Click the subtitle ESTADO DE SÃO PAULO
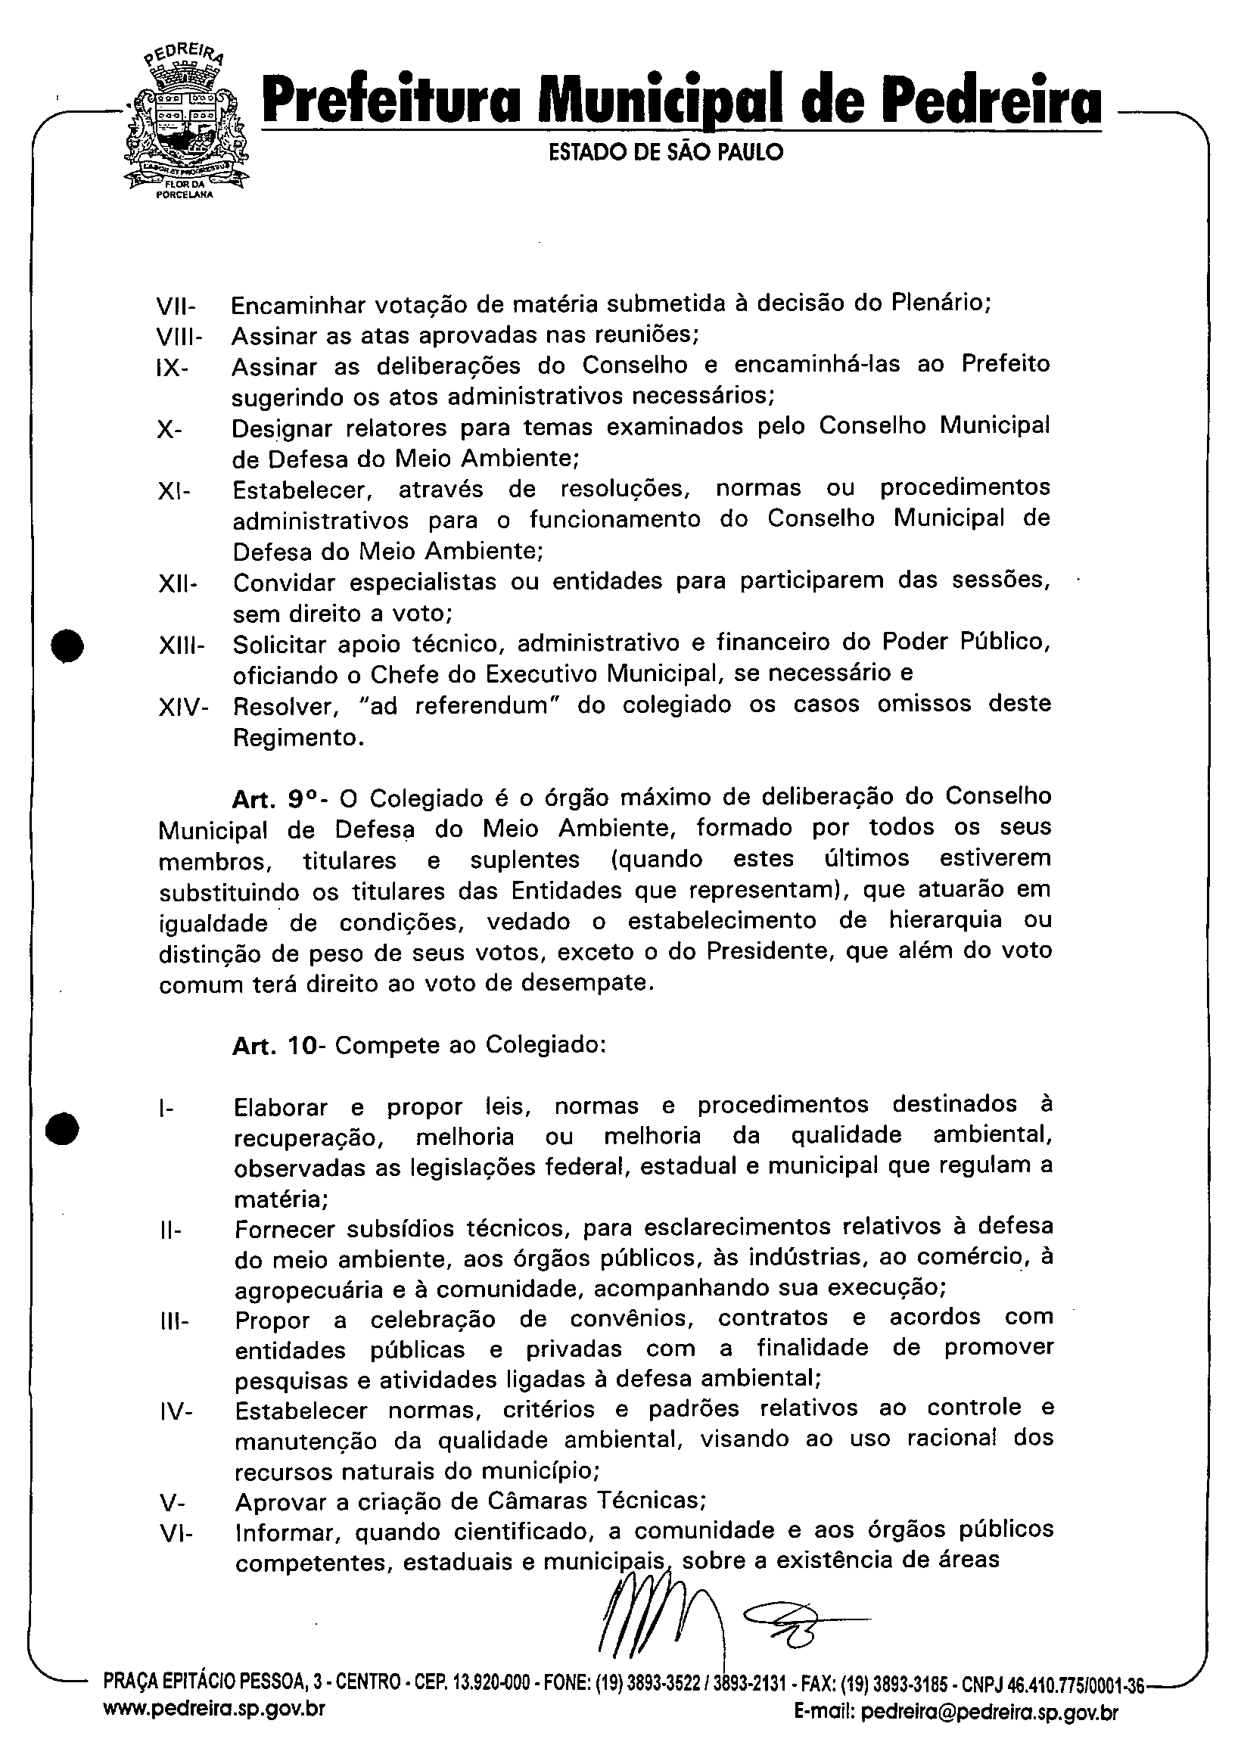pyautogui.click(x=665, y=152)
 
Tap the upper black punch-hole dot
pyautogui.click(x=67, y=645)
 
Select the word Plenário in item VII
pyautogui.click(x=939, y=303)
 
